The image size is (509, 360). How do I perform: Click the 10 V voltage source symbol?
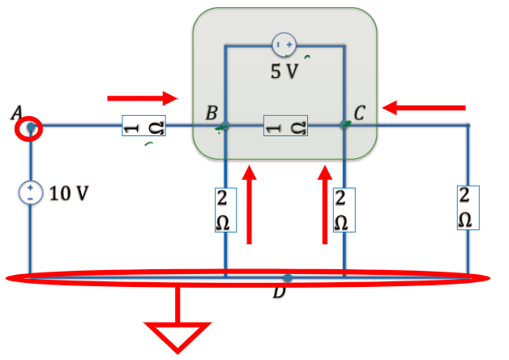click(31, 193)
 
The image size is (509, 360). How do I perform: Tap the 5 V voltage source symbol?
click(284, 45)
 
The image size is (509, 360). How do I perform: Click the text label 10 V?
click(69, 194)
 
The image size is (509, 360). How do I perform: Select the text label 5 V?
click(284, 71)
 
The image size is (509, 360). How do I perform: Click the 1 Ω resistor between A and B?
click(143, 126)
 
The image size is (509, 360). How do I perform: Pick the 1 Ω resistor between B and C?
click(285, 126)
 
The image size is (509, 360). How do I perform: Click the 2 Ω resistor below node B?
click(225, 210)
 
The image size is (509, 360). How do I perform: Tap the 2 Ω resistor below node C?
click(344, 210)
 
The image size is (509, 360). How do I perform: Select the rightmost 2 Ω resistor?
click(468, 208)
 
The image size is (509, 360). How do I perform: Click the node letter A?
click(16, 113)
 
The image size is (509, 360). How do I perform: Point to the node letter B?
click(212, 113)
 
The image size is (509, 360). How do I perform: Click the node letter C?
click(359, 113)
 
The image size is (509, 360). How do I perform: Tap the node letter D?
click(279, 291)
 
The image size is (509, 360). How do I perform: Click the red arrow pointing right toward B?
click(143, 98)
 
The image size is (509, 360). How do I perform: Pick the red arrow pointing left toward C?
click(424, 108)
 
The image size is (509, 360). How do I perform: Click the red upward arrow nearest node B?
click(250, 204)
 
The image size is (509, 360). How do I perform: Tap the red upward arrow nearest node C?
click(325, 204)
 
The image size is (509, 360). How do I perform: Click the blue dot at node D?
click(287, 278)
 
